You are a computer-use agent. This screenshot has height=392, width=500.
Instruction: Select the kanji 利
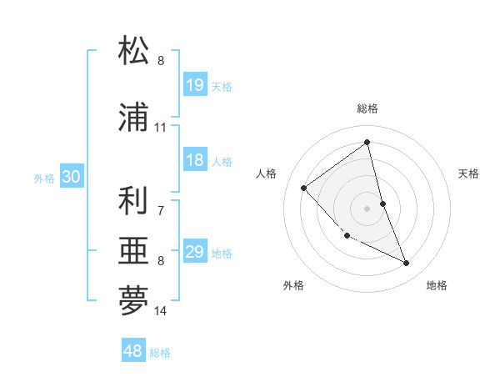(133, 201)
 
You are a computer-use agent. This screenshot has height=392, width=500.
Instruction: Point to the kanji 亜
(133, 251)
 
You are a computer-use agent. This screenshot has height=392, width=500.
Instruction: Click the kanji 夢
(133, 301)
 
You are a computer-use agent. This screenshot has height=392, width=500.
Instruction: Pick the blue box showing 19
(195, 85)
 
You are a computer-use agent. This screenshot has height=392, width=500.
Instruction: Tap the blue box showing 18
(195, 160)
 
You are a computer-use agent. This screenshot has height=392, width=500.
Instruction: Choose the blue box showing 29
(195, 252)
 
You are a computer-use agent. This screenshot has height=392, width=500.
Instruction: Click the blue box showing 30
(71, 177)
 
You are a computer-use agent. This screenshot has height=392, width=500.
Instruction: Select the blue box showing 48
(133, 351)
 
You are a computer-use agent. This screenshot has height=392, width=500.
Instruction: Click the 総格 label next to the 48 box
(160, 353)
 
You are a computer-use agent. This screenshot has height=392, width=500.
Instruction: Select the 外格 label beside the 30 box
(43, 178)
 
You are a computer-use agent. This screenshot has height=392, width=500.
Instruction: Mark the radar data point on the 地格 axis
(407, 264)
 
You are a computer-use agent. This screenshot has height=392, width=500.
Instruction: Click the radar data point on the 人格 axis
(304, 188)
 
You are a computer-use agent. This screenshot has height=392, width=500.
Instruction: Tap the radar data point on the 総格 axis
(367, 142)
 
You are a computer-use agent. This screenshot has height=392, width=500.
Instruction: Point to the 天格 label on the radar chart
(468, 173)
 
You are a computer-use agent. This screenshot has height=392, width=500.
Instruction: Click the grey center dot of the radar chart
(367, 208)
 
